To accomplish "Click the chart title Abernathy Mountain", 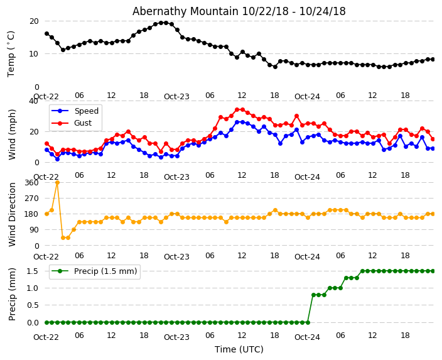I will [x=239, y=11].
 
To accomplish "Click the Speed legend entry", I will [x=86, y=111].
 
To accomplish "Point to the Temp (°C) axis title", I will [x=11, y=53].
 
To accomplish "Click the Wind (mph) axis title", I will [x=12, y=134].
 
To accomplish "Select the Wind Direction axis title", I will [x=12, y=214].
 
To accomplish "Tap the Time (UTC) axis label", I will [x=239, y=349].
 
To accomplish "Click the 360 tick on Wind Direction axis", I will [x=31, y=182].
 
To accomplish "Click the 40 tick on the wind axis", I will [x=34, y=101].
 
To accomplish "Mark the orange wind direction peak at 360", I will [x=57, y=182].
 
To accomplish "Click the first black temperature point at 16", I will [x=46, y=34].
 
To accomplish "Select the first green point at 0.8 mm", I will [x=313, y=295].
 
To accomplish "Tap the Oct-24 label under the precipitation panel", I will [x=307, y=337].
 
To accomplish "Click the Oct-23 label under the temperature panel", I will [x=176, y=97].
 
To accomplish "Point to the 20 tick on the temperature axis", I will [x=34, y=21].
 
